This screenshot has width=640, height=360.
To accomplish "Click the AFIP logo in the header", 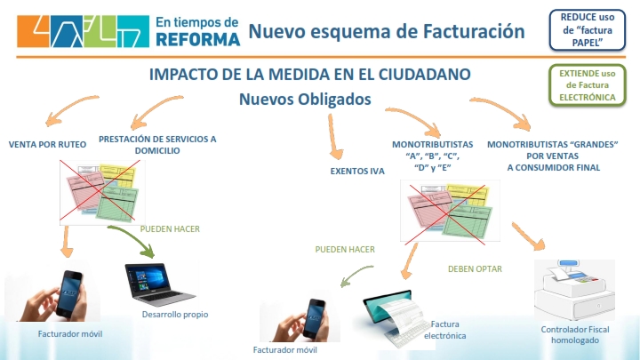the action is pos(84,31).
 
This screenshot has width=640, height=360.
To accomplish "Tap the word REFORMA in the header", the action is pos(198,40).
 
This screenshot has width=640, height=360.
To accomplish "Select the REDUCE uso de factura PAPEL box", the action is pos(587,30).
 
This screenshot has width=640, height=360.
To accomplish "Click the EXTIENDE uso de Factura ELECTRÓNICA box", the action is pos(587,85).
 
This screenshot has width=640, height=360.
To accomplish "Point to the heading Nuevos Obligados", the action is pos(305,100).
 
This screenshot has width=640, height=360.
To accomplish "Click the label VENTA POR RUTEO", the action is pos(47,145).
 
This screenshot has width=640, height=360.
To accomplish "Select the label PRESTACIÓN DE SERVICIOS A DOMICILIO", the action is pos(157,145).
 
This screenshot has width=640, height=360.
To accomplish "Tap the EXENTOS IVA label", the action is pos(357,172).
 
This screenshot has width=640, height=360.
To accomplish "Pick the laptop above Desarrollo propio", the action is pos(160,284).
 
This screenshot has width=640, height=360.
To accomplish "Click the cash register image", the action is pos(575,290).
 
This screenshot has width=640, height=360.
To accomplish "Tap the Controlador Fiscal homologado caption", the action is pos(575,335).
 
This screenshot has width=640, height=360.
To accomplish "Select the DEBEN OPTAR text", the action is pos(475,269).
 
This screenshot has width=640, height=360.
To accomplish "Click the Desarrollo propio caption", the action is pos(175,315).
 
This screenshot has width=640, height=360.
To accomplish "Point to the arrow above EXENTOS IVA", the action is pos(335,137).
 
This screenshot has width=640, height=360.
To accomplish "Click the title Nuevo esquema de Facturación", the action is pos(387,31).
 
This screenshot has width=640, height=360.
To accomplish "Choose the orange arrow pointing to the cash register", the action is pos(527,236).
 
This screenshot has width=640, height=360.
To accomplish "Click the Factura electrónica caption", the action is pos(445,330).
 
